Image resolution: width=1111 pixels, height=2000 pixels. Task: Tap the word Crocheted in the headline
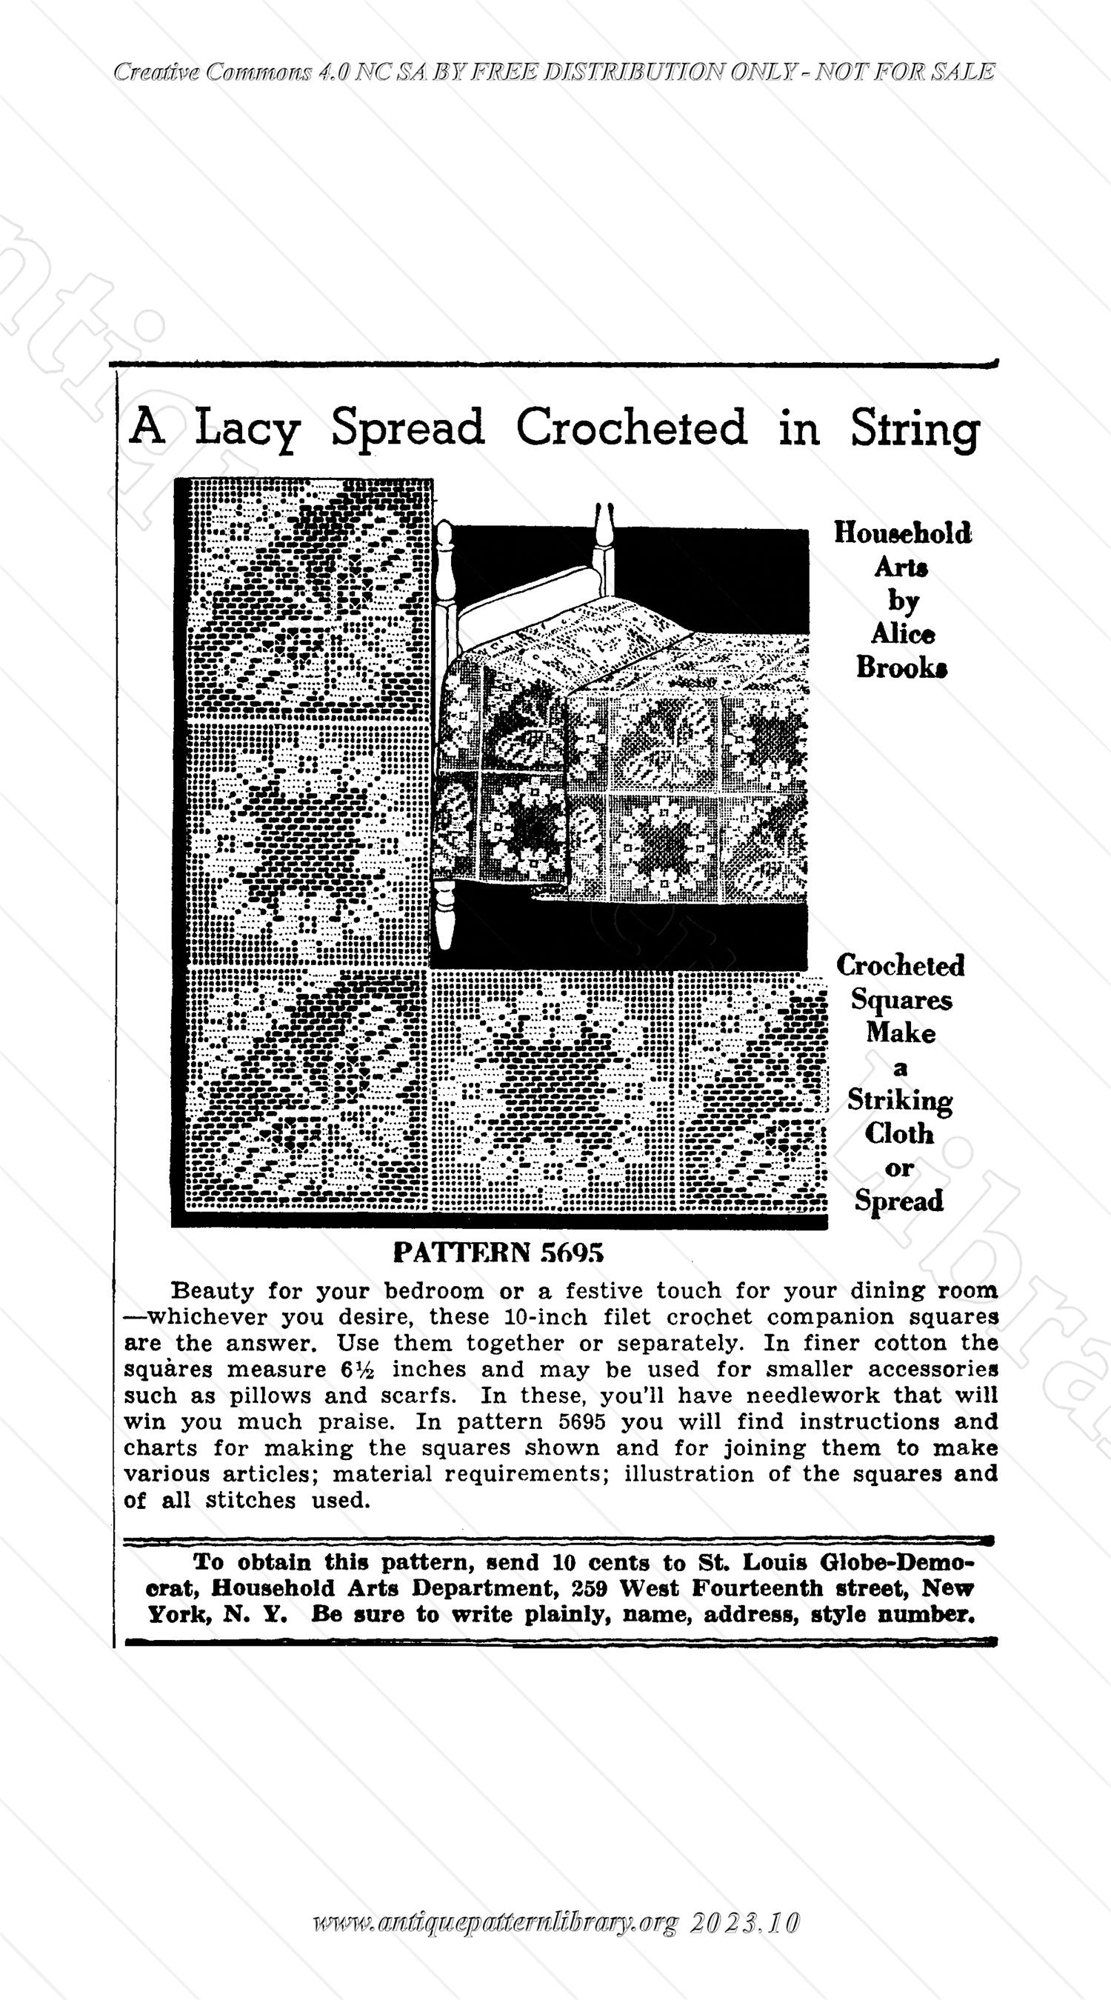(631, 427)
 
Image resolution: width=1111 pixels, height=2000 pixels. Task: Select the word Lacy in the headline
(246, 430)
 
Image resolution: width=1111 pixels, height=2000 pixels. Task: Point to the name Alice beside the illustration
(902, 634)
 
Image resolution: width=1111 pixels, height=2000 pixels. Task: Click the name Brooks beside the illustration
(901, 668)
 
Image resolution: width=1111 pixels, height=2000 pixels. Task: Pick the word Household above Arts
(902, 533)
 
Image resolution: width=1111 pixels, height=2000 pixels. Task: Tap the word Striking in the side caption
(900, 1101)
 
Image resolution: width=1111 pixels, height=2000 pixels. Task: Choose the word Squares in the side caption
(901, 1000)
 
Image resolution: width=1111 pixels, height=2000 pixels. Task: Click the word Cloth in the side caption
(900, 1134)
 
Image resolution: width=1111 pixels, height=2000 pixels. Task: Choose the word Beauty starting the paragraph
(212, 1291)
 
